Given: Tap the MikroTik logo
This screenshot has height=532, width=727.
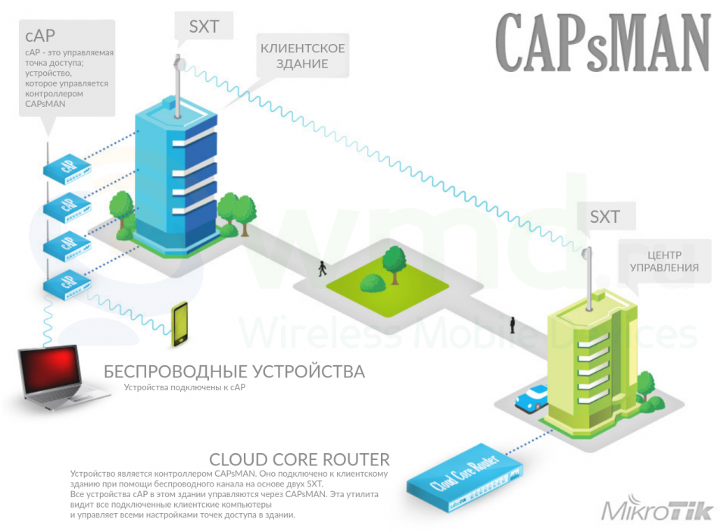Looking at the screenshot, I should point(657,510).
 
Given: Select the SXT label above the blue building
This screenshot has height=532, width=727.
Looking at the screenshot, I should point(204,27).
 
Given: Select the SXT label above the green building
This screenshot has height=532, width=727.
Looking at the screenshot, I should point(604,217).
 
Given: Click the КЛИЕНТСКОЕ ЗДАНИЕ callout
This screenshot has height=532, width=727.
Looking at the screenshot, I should point(303,56).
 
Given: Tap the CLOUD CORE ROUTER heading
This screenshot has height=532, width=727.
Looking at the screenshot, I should point(299,459).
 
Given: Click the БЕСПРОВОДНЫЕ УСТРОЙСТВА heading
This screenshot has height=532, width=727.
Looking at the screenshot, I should point(234,371).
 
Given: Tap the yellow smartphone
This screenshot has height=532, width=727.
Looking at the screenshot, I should point(179,324).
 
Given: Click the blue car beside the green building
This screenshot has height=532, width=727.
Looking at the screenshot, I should point(532,398).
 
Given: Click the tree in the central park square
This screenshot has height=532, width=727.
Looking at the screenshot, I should point(394,259).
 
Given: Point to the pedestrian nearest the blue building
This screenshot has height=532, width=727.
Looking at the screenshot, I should point(323,267).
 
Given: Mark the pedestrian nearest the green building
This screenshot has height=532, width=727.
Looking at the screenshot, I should point(513,324).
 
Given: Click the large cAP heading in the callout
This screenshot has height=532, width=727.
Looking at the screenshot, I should point(40,35).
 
